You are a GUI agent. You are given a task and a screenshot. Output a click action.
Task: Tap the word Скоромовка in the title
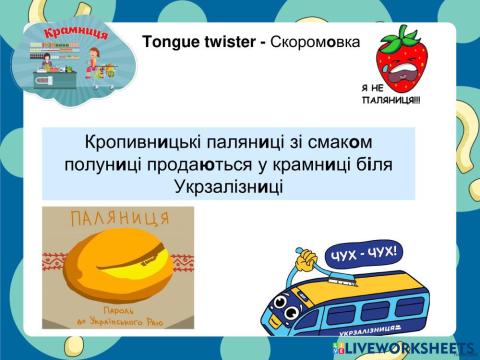(309, 42)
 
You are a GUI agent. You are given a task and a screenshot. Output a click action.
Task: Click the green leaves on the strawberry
(404, 32)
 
